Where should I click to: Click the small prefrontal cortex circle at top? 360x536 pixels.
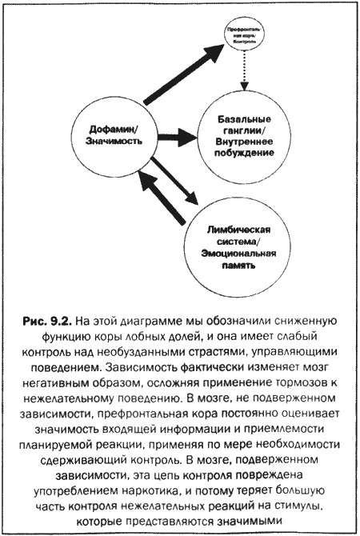tap(245, 37)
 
